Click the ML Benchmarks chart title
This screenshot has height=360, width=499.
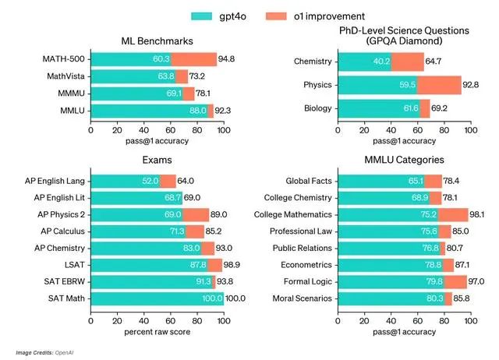click(x=157, y=41)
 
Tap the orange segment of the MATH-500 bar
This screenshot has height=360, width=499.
click(x=193, y=59)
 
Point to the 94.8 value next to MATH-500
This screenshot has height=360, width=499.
click(x=228, y=59)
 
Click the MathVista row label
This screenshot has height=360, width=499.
click(x=66, y=76)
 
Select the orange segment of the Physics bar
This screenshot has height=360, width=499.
click(x=439, y=86)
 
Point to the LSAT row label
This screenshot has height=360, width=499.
click(x=73, y=264)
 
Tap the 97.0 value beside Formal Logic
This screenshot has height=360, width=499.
click(x=479, y=281)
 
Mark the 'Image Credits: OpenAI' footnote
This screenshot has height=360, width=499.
click(x=49, y=352)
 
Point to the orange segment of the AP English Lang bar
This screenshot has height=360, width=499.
click(x=168, y=180)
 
